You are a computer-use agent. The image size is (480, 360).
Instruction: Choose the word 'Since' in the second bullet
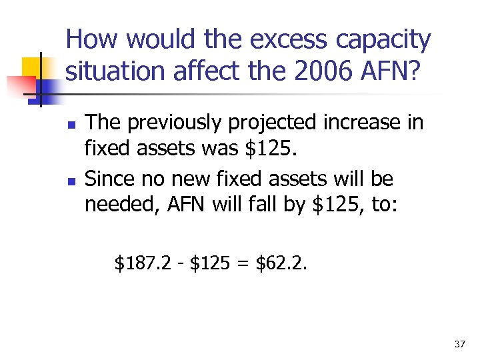(x=107, y=179)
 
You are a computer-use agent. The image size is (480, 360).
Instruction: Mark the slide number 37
(x=459, y=343)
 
